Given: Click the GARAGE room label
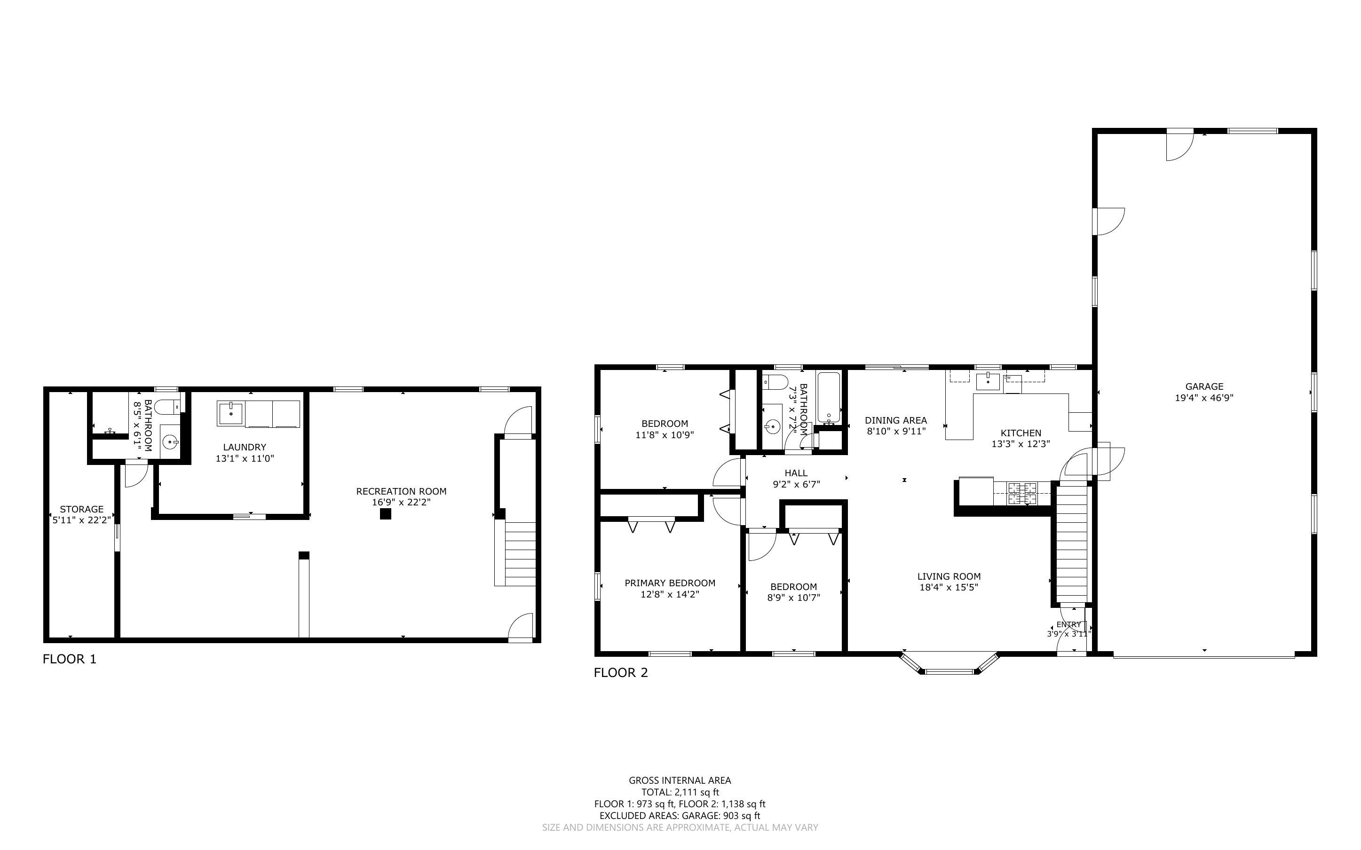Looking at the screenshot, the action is pyautogui.click(x=1204, y=386).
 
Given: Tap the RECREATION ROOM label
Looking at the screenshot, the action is pyautogui.click(x=401, y=491).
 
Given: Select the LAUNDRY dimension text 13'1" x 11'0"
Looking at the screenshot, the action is pyautogui.click(x=245, y=459).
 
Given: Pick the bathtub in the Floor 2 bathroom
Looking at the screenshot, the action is pyautogui.click(x=829, y=398).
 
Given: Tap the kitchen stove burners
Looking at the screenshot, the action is pyautogui.click(x=1022, y=493).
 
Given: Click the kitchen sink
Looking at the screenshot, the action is pyautogui.click(x=988, y=381).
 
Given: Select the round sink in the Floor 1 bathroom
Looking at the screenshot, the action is pyautogui.click(x=170, y=442).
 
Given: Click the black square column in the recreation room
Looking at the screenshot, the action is pyautogui.click(x=385, y=513).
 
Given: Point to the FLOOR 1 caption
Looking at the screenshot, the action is pyautogui.click(x=70, y=659).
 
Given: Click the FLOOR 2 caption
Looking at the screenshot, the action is pyautogui.click(x=621, y=672).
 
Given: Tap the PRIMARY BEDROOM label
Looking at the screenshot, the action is pyautogui.click(x=670, y=583).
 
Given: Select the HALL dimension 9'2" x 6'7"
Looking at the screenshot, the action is pyautogui.click(x=797, y=485).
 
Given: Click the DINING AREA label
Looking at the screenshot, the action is pyautogui.click(x=896, y=420).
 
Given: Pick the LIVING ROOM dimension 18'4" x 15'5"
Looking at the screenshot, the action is pyautogui.click(x=949, y=588).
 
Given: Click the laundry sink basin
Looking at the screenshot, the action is pyautogui.click(x=230, y=413).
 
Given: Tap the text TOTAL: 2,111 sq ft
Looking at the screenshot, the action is pyautogui.click(x=680, y=792).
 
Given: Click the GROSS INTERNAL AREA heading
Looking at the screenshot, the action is pyautogui.click(x=680, y=780).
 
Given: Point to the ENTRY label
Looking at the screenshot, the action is pyautogui.click(x=1068, y=624).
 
